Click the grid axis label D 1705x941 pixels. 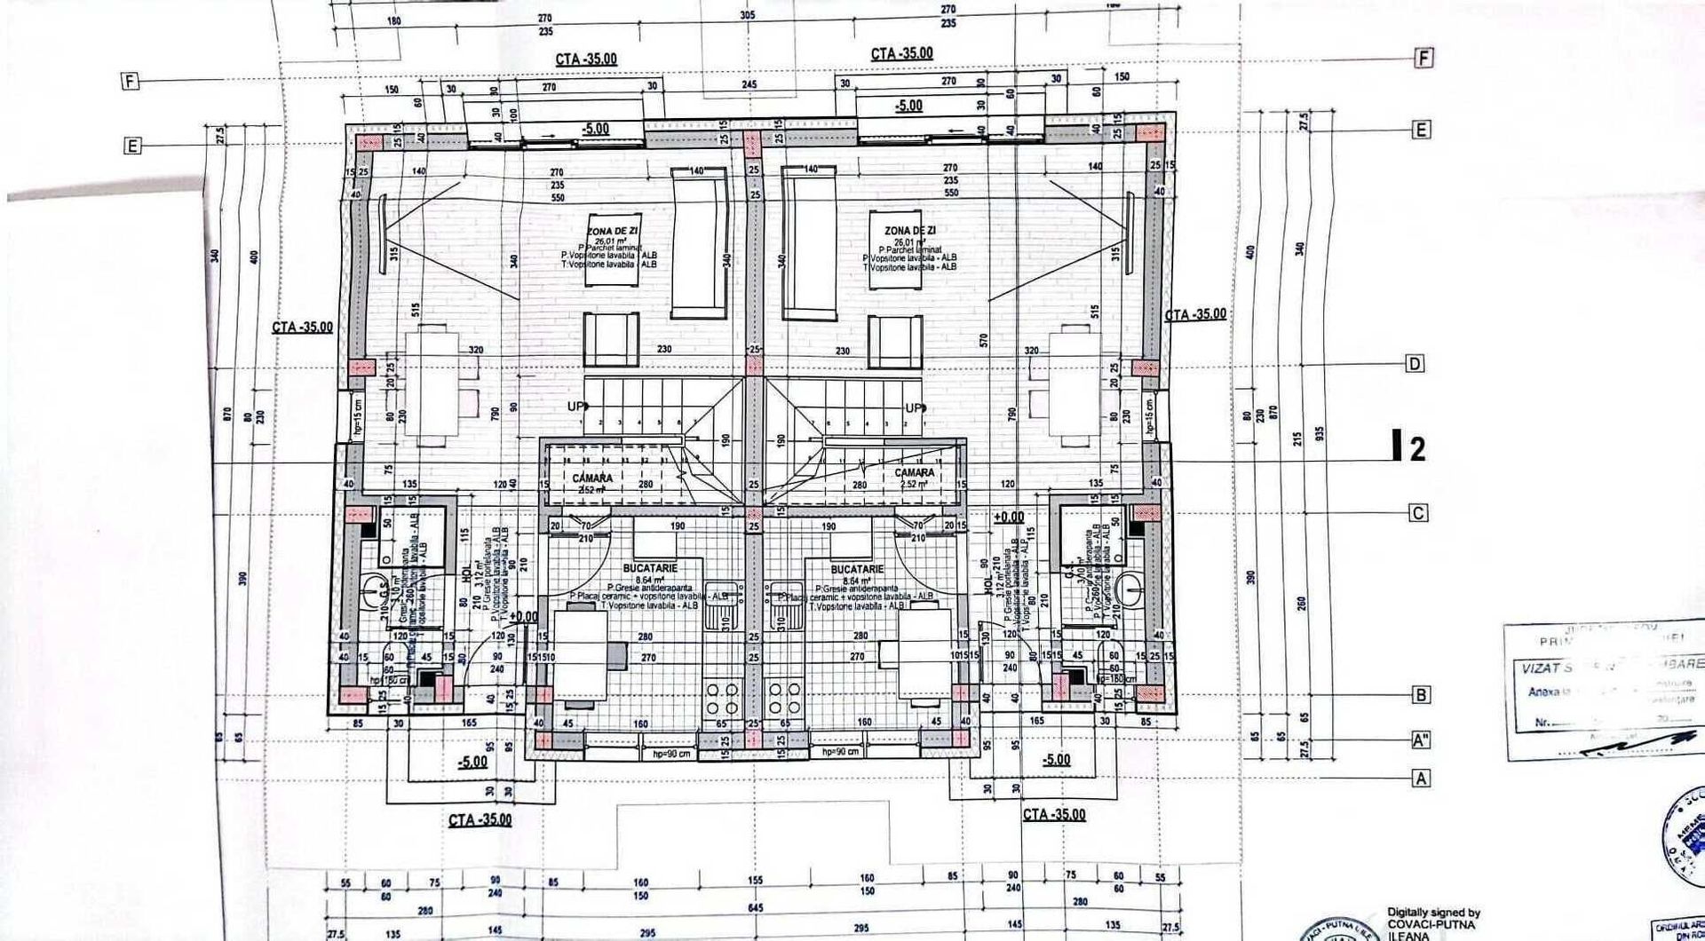(1415, 364)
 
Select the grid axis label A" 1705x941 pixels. (1422, 740)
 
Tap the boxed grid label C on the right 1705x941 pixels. (1418, 513)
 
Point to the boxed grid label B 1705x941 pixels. (1421, 695)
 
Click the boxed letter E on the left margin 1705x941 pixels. (132, 146)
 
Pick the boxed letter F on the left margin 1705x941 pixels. (131, 82)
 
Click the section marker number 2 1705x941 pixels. (1417, 449)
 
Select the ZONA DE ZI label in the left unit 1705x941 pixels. (612, 231)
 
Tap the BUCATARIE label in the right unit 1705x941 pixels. (856, 569)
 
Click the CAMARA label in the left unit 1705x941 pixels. (592, 478)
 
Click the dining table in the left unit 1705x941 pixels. (432, 386)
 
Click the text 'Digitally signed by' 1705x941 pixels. (1433, 913)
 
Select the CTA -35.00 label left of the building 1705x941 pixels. (302, 328)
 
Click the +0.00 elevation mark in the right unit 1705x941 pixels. (1009, 518)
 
